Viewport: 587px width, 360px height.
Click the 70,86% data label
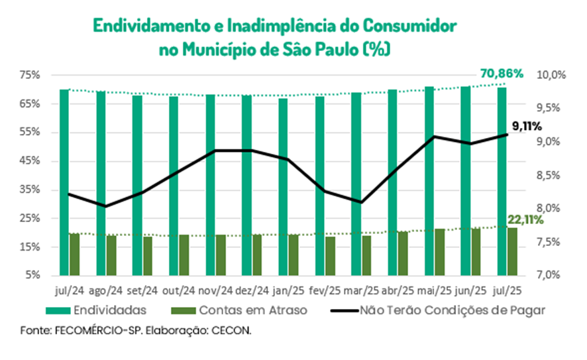coord(502,74)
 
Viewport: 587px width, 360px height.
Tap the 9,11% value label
coord(527,127)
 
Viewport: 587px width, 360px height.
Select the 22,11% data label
coord(525,220)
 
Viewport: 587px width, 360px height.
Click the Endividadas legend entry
coord(96,310)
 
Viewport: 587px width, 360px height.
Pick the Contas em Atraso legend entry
coord(239,310)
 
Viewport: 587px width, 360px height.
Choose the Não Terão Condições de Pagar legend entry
coord(438,310)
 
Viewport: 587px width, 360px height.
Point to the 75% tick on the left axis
coord(30,75)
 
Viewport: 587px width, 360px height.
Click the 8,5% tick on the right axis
coord(549,175)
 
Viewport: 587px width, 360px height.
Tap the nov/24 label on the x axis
coord(215,290)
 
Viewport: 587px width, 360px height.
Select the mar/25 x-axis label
coord(361,290)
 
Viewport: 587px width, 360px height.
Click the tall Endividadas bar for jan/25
coord(283,187)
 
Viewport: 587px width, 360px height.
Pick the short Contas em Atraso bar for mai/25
coord(440,252)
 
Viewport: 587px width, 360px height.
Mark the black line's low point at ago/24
coord(105,206)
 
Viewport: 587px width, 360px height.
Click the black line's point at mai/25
coord(434,137)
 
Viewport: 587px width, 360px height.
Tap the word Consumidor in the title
coord(409,26)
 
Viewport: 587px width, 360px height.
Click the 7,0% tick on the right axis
coord(549,275)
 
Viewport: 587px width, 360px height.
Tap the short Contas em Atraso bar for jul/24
coord(74,255)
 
